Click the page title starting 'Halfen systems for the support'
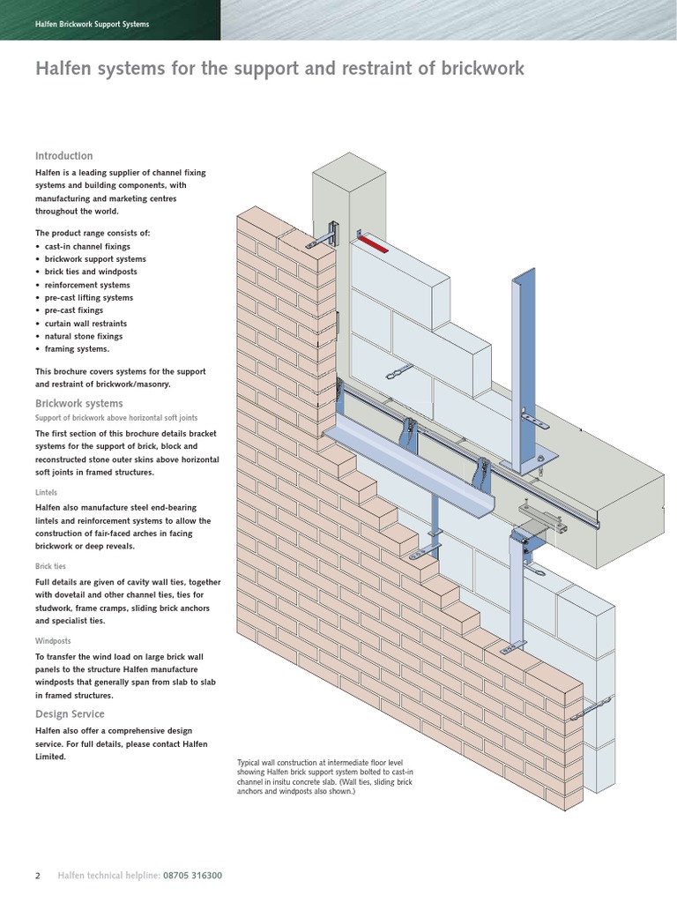pyautogui.click(x=279, y=69)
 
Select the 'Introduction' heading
pyautogui.click(x=63, y=156)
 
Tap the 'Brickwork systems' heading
pyautogui.click(x=78, y=403)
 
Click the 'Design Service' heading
pyautogui.click(x=70, y=714)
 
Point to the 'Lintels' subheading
pyautogui.click(x=47, y=494)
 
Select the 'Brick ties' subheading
pyautogui.click(x=50, y=566)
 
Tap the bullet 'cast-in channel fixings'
pyautogui.click(x=87, y=247)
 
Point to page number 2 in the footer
pyautogui.click(x=38, y=876)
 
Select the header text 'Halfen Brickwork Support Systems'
pyautogui.click(x=92, y=25)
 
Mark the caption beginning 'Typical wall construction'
pyautogui.click(x=325, y=777)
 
